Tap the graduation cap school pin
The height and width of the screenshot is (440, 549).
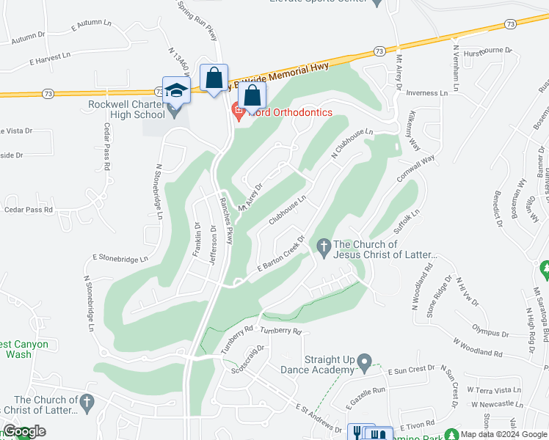(176, 90)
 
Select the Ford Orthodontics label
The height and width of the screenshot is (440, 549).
(291, 112)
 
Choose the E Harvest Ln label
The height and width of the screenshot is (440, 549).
(50, 56)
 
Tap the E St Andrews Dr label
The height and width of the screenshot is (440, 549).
(319, 417)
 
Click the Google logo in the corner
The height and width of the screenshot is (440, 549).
(25, 431)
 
